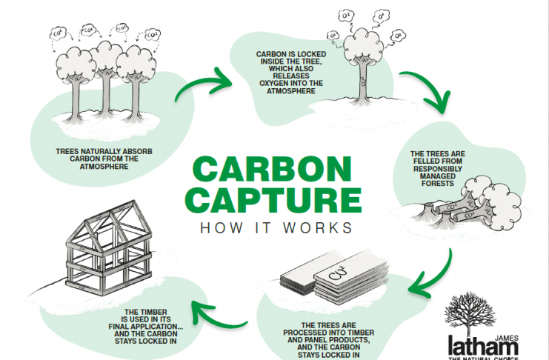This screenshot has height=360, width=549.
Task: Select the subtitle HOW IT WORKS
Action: pos(274,227)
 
